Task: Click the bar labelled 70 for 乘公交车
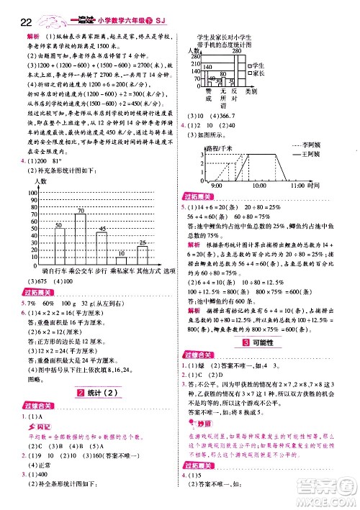[81, 239]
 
